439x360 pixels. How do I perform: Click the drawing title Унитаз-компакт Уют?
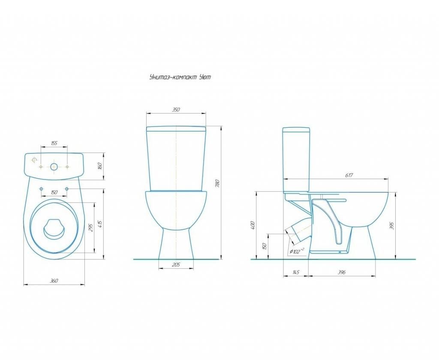[180, 77]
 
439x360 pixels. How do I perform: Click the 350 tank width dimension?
[176, 110]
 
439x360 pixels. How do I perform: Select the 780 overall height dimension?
[218, 183]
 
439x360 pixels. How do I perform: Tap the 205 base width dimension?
[176, 264]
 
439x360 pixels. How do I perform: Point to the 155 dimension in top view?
[54, 143]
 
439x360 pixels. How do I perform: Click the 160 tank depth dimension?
[100, 166]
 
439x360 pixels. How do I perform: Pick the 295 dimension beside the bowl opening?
[90, 228]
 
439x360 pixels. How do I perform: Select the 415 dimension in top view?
[100, 224]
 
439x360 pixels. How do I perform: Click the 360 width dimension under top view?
[54, 280]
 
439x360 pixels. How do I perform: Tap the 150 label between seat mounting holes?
[54, 192]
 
